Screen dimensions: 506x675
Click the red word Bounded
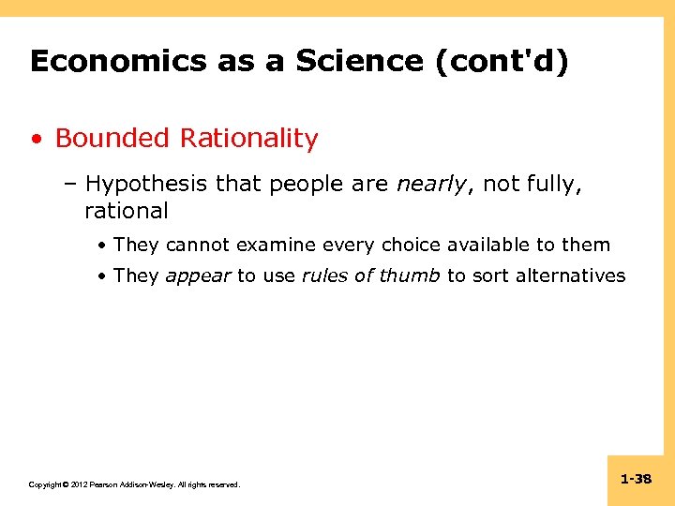[x=112, y=139]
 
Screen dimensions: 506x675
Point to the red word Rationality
[x=249, y=140]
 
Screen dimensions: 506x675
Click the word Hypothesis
[x=147, y=186]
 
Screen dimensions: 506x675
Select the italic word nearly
[x=432, y=186]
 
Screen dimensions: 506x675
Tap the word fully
[x=551, y=186]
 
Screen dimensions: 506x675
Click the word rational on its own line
[x=126, y=211]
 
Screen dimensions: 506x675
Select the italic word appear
[x=198, y=275]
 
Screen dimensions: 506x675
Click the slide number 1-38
[x=636, y=480]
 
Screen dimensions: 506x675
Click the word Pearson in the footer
[x=106, y=484]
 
